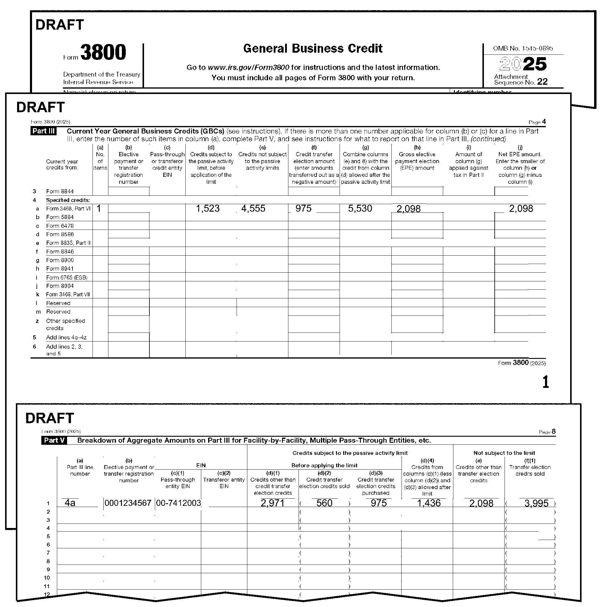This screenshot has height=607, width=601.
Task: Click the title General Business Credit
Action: tap(312, 48)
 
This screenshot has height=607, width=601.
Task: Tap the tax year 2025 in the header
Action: tap(523, 64)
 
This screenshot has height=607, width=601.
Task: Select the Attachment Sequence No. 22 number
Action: tap(542, 82)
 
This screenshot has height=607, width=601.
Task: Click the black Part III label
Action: tap(43, 131)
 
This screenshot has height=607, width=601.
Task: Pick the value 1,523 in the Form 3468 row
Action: tap(208, 208)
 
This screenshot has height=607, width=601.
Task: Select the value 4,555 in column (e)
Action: tap(253, 208)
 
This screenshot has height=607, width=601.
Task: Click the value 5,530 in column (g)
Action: tap(360, 208)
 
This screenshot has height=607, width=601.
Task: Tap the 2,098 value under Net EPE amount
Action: tap(521, 208)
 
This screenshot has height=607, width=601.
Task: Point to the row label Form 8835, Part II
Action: tap(68, 243)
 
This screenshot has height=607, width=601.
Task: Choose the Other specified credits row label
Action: tap(65, 324)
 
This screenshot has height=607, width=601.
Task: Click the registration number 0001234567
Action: tap(128, 503)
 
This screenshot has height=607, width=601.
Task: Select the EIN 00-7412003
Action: tap(178, 503)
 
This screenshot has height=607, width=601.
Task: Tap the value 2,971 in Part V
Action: tap(273, 503)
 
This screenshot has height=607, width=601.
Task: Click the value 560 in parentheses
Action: tap(324, 503)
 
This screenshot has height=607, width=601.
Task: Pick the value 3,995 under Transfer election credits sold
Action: tap(536, 503)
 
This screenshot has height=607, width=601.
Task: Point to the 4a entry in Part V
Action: tap(70, 503)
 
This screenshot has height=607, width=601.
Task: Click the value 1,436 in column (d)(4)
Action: tap(429, 503)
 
